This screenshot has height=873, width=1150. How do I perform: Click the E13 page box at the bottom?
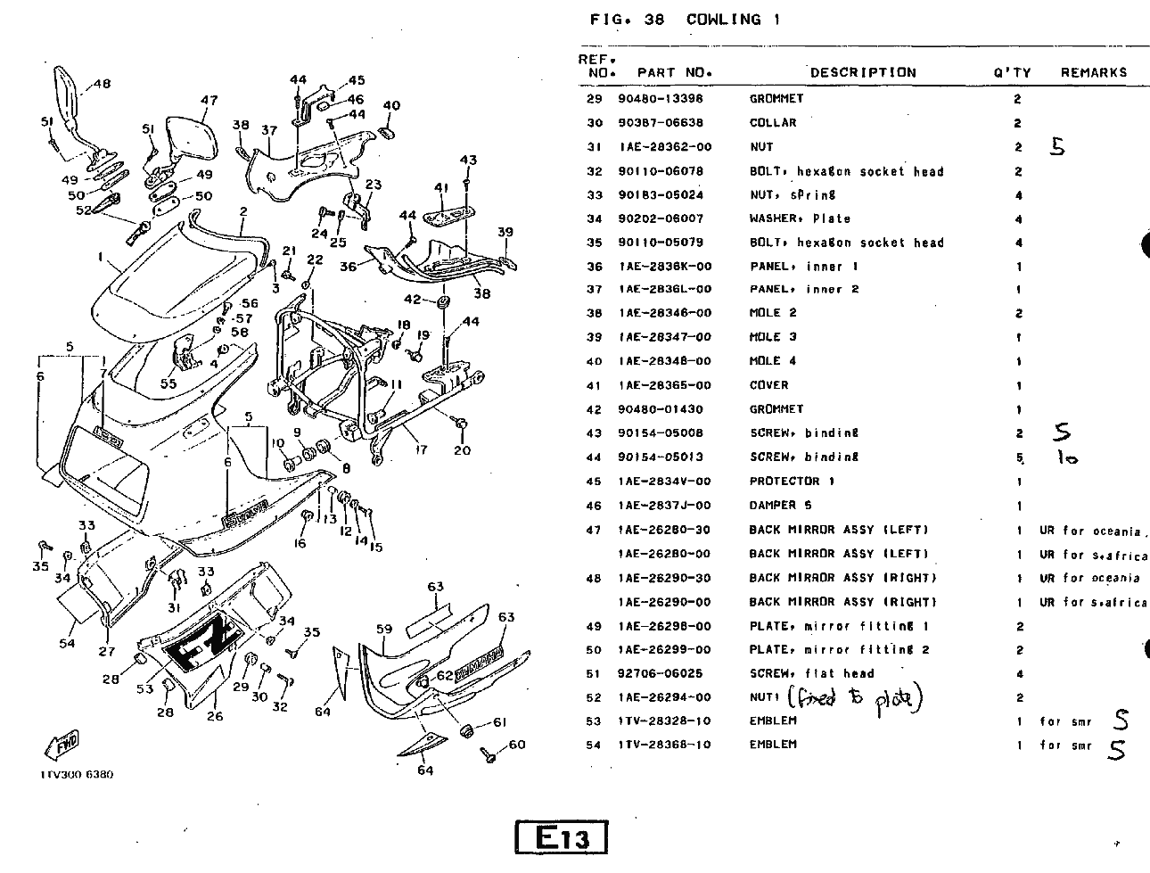(562, 838)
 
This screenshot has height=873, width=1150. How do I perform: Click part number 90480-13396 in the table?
(660, 99)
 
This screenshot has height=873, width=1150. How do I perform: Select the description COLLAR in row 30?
(773, 123)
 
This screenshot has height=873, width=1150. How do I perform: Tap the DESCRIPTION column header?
(862, 73)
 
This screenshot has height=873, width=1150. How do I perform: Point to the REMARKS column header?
(1093, 73)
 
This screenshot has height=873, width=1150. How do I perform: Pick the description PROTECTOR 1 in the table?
(792, 482)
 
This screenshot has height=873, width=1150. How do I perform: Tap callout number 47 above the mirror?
(209, 101)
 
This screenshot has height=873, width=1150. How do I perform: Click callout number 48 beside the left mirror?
(102, 85)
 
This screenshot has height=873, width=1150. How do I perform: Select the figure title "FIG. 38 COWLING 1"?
(685, 20)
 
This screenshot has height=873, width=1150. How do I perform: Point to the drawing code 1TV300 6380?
(76, 774)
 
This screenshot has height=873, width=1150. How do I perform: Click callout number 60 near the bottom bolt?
(517, 745)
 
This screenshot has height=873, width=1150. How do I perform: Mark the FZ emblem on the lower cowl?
(202, 647)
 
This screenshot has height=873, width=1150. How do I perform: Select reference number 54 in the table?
(594, 745)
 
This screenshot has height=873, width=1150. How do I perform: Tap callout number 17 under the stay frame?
(422, 450)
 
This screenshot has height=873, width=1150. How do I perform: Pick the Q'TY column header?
(1012, 73)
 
